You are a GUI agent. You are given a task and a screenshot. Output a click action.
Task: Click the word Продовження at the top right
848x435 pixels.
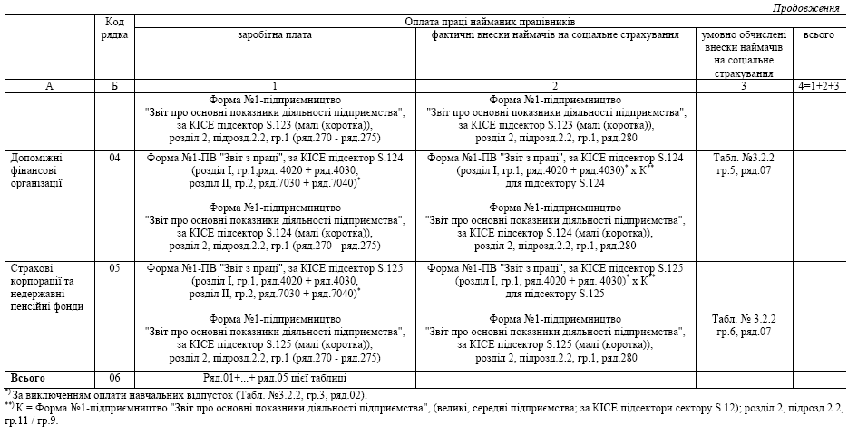tap(806, 8)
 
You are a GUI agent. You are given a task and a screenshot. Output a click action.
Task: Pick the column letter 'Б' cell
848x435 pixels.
tap(114, 86)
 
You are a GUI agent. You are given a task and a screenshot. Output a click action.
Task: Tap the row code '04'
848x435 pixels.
tap(114, 158)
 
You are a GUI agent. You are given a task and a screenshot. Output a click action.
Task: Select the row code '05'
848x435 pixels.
tap(114, 269)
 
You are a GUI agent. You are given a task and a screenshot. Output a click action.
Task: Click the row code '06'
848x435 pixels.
tap(114, 377)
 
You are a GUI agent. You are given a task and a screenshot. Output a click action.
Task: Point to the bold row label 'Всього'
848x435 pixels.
tap(27, 377)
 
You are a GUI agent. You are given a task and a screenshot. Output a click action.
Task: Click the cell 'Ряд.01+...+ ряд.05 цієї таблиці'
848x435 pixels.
tap(274, 377)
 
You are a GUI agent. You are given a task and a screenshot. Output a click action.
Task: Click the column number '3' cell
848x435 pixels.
tap(743, 86)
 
